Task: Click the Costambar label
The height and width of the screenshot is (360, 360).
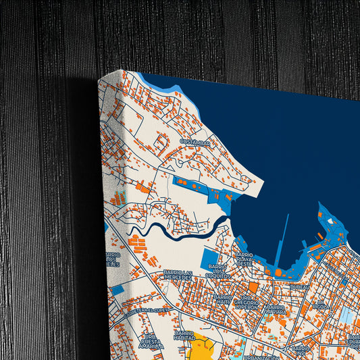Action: [196, 143]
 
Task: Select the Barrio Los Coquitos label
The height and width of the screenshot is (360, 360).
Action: [217, 272]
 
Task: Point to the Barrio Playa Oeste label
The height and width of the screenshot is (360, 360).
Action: [244, 259]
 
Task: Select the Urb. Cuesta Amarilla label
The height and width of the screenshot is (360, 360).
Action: [151, 342]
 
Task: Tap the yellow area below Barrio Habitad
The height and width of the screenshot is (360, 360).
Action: [201, 349]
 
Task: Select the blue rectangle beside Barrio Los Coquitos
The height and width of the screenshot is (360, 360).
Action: [209, 259]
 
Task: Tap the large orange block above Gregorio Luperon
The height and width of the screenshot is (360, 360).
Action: [253, 287]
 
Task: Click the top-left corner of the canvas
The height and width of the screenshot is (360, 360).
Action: [100, 80]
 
